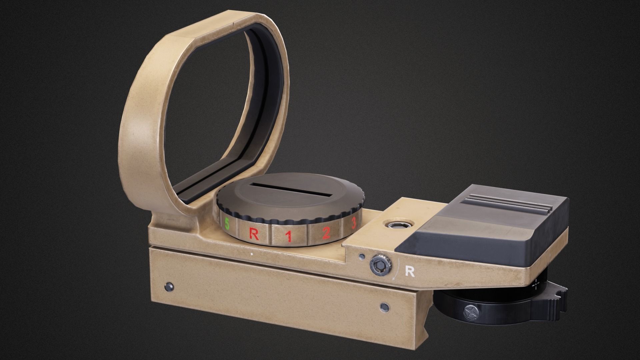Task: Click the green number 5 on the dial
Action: [227, 224]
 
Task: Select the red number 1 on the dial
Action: [289, 236]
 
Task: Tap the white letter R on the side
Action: [409, 272]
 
